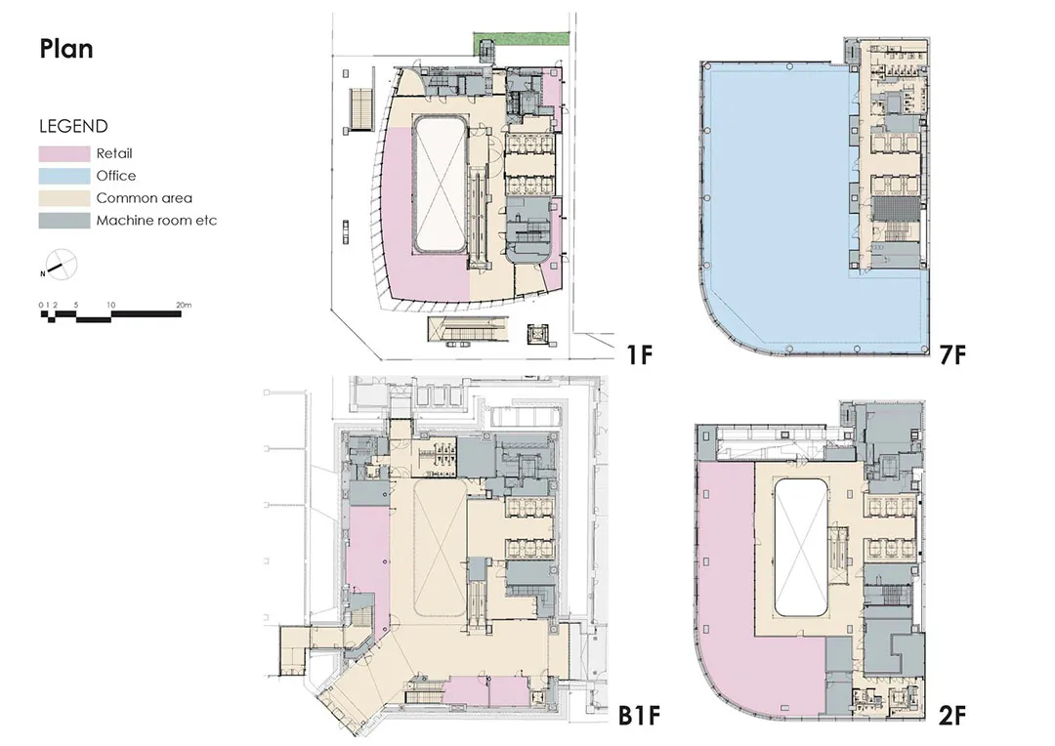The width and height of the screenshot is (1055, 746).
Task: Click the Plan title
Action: (66, 49)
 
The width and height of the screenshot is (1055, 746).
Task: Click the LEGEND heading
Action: (73, 127)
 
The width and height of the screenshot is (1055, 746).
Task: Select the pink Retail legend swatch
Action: (63, 154)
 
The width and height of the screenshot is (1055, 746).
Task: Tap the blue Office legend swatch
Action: (63, 176)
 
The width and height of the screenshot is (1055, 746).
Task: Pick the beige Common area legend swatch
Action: (63, 198)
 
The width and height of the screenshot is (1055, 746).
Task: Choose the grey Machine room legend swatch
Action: (63, 221)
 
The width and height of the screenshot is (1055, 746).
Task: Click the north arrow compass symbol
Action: (62, 265)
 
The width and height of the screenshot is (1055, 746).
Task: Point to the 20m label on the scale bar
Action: (184, 305)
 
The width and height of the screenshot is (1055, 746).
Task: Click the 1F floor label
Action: (640, 353)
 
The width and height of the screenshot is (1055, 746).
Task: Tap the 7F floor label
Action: (952, 353)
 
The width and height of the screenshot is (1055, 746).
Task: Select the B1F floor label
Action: (639, 716)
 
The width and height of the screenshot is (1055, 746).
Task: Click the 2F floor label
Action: (952, 716)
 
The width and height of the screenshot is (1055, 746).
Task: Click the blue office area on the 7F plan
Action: (774, 202)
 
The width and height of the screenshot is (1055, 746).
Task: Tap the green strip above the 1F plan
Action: (522, 38)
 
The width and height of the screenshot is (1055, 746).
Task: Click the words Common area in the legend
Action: (144, 198)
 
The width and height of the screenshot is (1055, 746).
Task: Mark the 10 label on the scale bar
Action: (111, 305)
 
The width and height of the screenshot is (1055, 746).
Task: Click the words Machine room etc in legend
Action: (156, 221)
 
